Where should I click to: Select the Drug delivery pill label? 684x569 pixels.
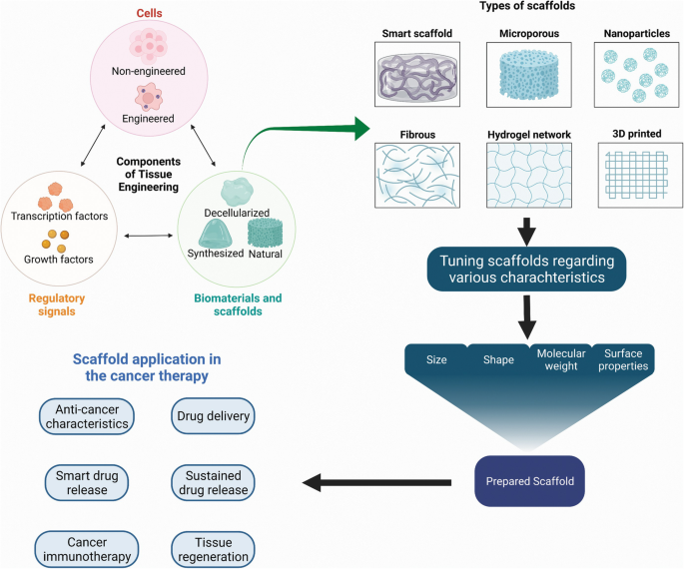[214, 415]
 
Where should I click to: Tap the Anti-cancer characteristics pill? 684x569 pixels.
[85, 415]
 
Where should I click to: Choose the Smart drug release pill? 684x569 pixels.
[85, 482]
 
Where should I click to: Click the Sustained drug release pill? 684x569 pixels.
[214, 482]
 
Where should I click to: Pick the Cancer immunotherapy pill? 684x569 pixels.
[85, 547]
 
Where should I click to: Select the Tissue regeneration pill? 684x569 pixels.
[214, 547]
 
